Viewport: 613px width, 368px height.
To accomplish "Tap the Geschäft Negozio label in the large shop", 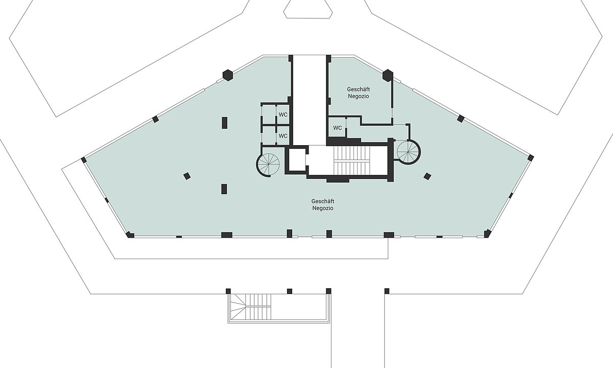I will pyautogui.click(x=322, y=204).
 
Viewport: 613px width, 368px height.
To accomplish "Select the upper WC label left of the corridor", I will pyautogui.click(x=282, y=114).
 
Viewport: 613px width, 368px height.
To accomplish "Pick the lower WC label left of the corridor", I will pyautogui.click(x=282, y=136).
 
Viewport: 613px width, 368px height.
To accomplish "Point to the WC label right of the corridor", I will pyautogui.click(x=337, y=128).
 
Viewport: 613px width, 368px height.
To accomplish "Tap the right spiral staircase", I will pyautogui.click(x=409, y=152).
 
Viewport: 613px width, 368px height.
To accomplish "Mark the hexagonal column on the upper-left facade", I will pyautogui.click(x=228, y=75).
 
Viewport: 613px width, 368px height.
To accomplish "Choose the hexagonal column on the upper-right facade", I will pyautogui.click(x=388, y=75).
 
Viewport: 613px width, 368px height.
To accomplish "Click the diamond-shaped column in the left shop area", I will pyautogui.click(x=187, y=176).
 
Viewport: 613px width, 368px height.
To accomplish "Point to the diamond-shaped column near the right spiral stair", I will pyautogui.click(x=427, y=176).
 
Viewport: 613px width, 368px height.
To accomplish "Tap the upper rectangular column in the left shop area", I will pyautogui.click(x=224, y=123).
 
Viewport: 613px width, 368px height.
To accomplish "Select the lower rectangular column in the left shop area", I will pyautogui.click(x=224, y=189).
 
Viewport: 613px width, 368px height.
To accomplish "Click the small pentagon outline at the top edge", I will pyautogui.click(x=306, y=9).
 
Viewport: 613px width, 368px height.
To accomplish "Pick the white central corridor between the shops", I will pyautogui.click(x=309, y=97).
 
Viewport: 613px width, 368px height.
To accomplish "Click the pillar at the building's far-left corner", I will pyautogui.click(x=83, y=160).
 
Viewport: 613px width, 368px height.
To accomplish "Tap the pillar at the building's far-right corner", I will pyautogui.click(x=531, y=157).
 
